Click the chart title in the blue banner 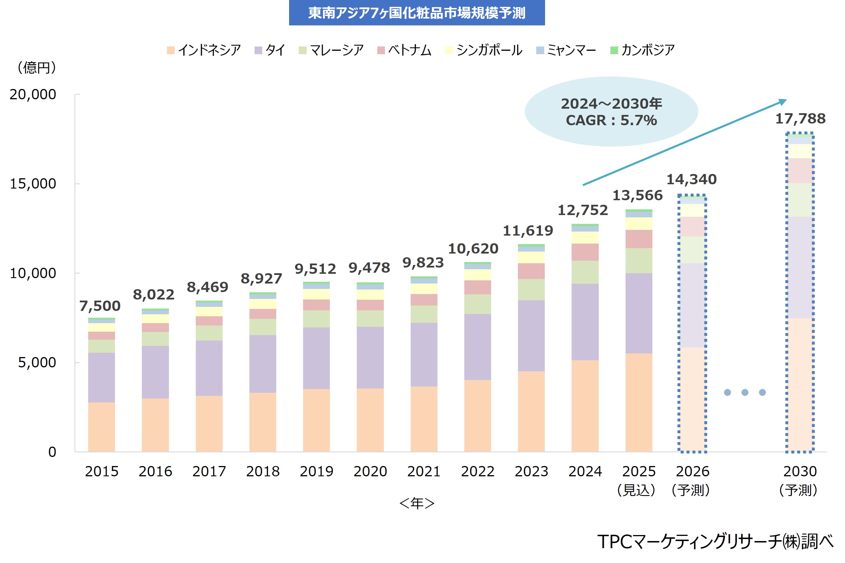417,13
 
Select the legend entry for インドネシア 204,50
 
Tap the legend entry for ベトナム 405,50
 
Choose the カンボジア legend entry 643,50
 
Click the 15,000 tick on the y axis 33,184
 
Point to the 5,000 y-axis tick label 37,363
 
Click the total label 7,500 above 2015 100,306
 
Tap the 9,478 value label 369,268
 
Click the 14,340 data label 691,179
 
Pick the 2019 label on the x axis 316,471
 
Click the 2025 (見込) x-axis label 638,480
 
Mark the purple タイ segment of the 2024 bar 585,322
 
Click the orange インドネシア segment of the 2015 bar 101,427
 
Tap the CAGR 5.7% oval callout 611,112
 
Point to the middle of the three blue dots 745,392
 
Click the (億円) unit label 37,68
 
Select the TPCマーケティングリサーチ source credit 715,541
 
